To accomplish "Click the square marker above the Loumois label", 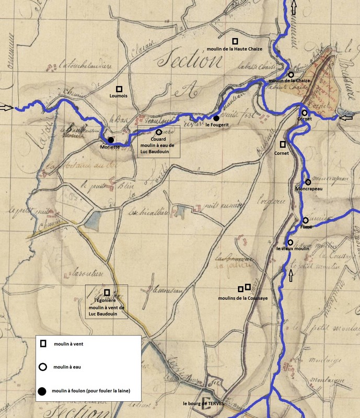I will [120, 89].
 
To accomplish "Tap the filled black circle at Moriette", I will [111, 140].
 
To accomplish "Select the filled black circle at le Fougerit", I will [216, 119].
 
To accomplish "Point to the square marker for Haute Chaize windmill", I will [235, 41].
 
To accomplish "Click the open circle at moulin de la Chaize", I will [291, 75].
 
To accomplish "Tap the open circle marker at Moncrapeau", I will [308, 182].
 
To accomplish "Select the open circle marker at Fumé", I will [306, 220].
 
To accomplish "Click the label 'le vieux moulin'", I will [293, 249].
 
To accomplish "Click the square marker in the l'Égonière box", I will [107, 292].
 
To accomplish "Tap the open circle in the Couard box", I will [158, 132].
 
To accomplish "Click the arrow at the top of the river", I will [293, 7].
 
